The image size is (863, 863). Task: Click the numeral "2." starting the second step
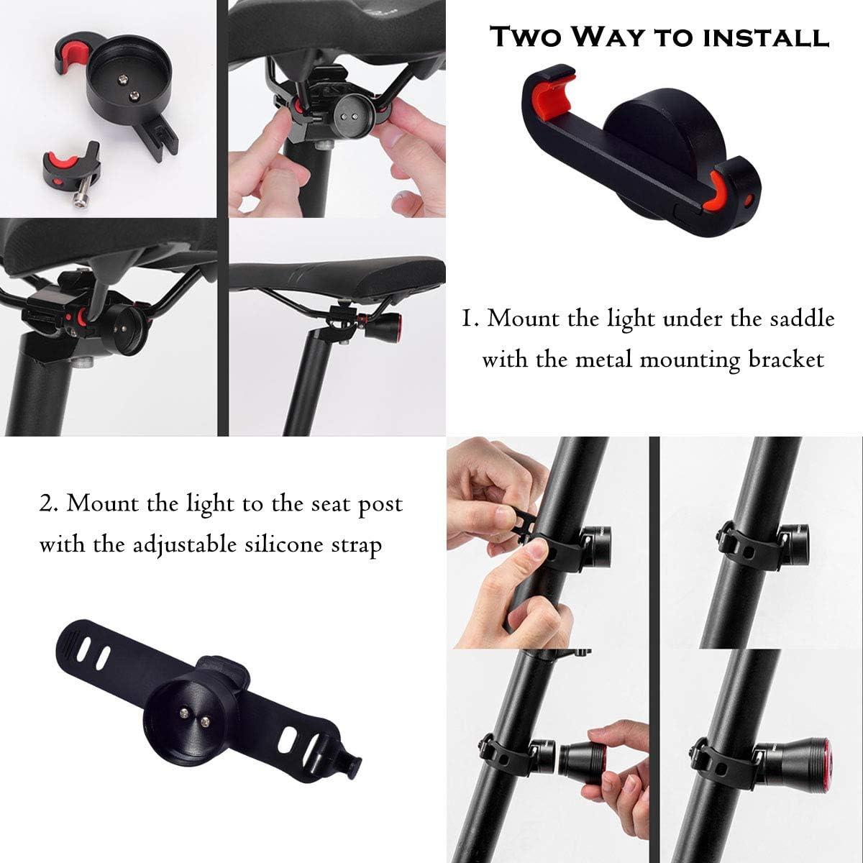(49, 503)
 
